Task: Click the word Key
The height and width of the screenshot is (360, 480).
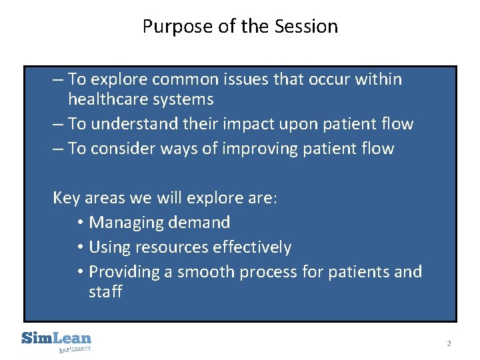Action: click(66, 198)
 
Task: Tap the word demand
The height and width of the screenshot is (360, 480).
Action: click(200, 223)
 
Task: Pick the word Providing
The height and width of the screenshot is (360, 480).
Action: click(123, 272)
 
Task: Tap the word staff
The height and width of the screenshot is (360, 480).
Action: click(105, 292)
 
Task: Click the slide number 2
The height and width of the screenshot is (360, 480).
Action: click(449, 343)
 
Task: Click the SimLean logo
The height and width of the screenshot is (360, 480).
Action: click(57, 340)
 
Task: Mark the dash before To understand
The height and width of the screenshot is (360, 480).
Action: click(57, 125)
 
